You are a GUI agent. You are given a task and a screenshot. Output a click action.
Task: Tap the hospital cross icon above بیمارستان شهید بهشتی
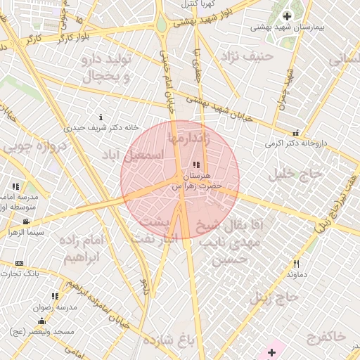tap(287, 16)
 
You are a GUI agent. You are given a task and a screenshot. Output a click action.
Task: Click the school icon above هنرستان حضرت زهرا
tap(195, 165)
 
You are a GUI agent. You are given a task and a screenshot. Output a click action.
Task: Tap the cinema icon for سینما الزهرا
tap(26, 221)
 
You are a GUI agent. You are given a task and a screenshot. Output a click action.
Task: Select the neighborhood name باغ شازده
tap(167, 341)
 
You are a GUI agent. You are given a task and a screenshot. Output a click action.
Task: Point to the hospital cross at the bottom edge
tap(272, 352)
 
